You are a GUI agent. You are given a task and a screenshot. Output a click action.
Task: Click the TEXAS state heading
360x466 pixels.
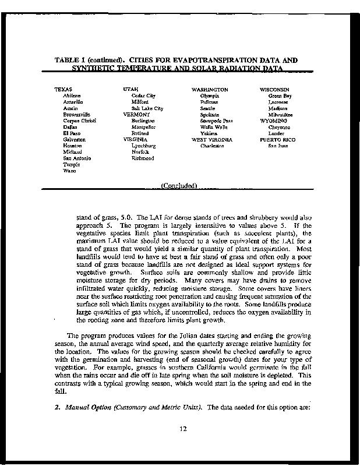pos(63,89)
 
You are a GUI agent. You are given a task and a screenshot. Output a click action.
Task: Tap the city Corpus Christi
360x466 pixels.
pos(79,121)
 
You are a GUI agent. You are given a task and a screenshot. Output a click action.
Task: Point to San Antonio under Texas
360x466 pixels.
pos(76,158)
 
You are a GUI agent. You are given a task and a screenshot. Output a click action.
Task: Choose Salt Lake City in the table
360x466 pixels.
pos(147,108)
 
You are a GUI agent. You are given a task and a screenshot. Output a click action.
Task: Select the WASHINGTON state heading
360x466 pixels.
pos(210,89)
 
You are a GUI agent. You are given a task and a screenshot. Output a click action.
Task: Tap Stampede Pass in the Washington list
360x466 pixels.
pos(216,121)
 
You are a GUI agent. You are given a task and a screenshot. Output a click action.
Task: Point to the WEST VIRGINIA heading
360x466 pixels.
pos(212,140)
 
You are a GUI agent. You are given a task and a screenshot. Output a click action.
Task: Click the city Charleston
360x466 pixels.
pos(212,146)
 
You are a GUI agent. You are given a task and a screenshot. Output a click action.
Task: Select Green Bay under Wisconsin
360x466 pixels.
pos(280,96)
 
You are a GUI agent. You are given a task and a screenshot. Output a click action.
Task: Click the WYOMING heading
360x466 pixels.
pos(273,121)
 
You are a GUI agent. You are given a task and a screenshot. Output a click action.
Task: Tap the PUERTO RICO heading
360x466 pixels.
pos(277,140)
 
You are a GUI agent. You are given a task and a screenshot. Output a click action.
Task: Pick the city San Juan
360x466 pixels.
pos(278,146)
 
